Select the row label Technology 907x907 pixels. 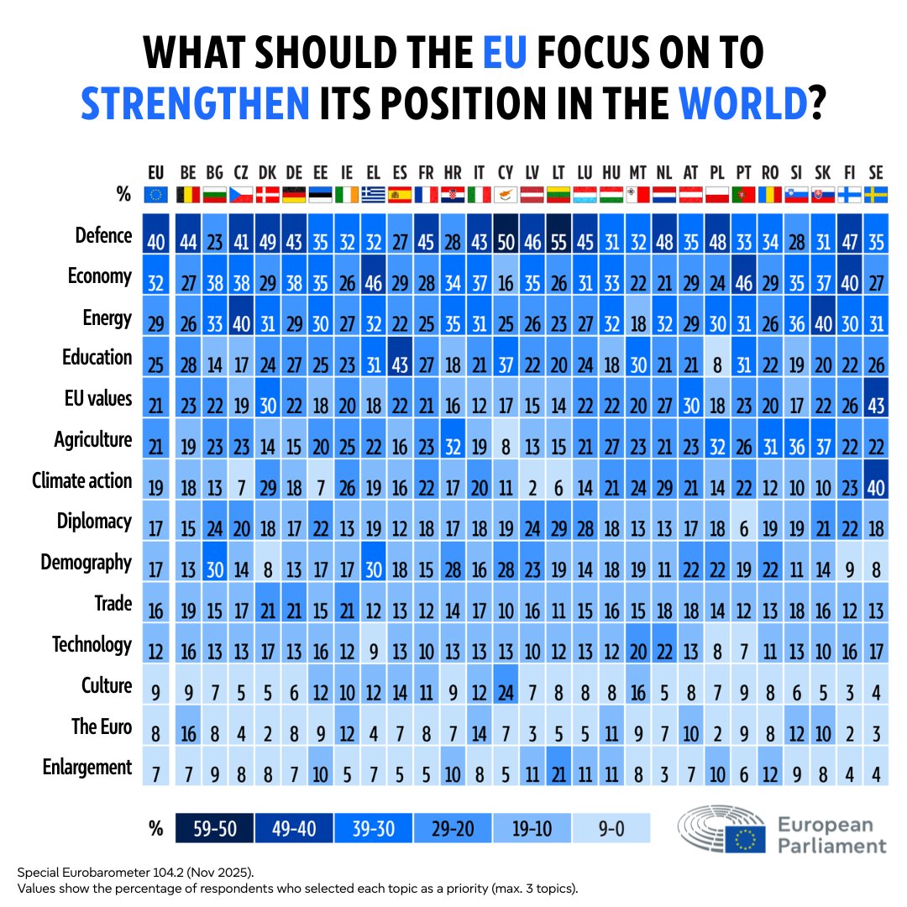[x=92, y=644]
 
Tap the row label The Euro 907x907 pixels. [x=102, y=726]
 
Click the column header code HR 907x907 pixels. [x=452, y=173]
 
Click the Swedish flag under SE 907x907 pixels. [x=876, y=195]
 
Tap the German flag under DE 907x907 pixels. [x=293, y=195]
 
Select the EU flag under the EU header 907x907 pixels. [x=155, y=195]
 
